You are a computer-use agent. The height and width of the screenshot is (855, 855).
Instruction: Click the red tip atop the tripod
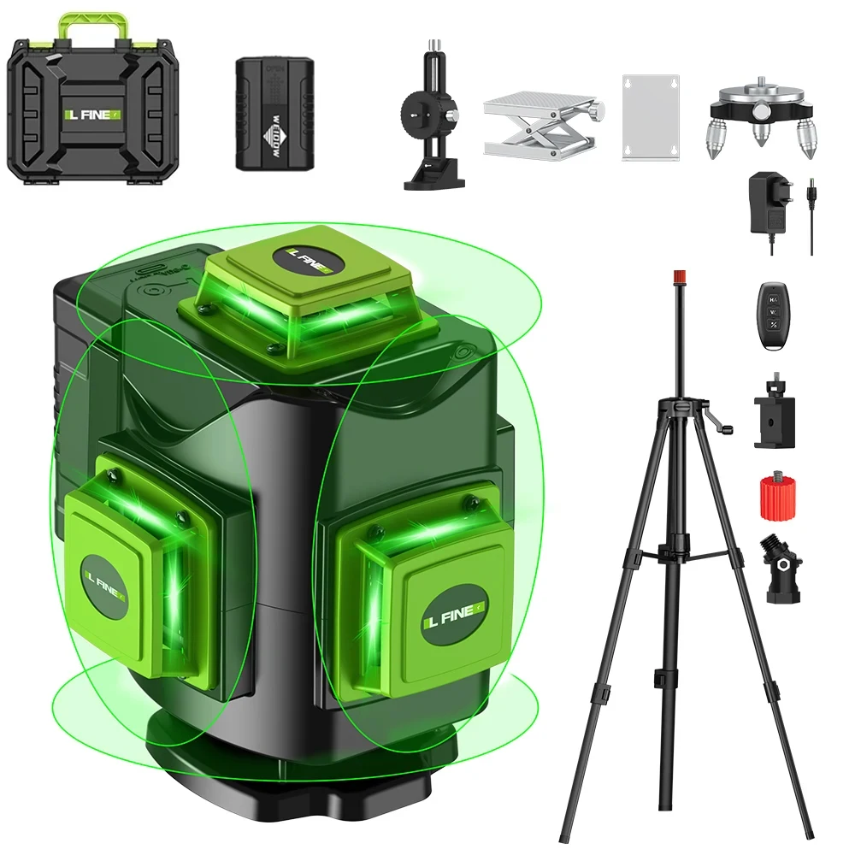coord(680,277)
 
